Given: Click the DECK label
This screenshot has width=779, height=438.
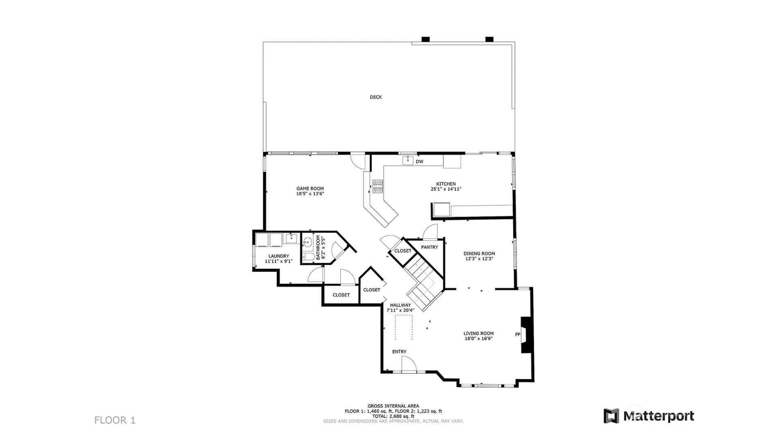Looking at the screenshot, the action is tap(376, 97).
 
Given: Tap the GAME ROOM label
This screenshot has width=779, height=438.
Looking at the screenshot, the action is tap(310, 189).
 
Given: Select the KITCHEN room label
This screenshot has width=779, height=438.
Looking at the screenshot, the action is tap(446, 184).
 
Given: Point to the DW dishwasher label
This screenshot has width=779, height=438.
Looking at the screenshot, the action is tap(420, 162).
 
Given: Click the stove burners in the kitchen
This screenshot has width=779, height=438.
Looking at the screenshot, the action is tap(378, 187).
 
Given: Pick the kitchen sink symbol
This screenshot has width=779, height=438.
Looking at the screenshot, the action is tap(408, 161).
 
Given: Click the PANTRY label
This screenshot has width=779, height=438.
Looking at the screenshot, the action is tap(430, 247).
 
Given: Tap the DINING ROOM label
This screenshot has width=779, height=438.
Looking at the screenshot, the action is tap(479, 253).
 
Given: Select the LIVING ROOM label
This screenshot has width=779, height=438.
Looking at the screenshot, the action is tap(479, 333).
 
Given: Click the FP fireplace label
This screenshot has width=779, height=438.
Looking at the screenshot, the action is tap(518, 335).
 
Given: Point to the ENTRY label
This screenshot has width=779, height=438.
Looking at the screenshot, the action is tap(399, 352).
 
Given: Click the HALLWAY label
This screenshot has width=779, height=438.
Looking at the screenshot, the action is tap(400, 305).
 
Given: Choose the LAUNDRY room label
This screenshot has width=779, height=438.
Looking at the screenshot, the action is tap(279, 256).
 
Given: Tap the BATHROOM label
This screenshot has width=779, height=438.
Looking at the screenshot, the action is tap(318, 248).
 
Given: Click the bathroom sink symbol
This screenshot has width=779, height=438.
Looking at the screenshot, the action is tap(307, 243).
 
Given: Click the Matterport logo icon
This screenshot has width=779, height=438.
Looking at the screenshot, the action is tap(611, 416).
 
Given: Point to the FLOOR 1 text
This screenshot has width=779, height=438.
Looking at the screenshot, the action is tap(115, 420).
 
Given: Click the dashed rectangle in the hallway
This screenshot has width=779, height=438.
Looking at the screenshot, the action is tap(404, 327).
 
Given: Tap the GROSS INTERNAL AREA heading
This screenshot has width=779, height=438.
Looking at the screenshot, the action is tap(393, 406).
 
